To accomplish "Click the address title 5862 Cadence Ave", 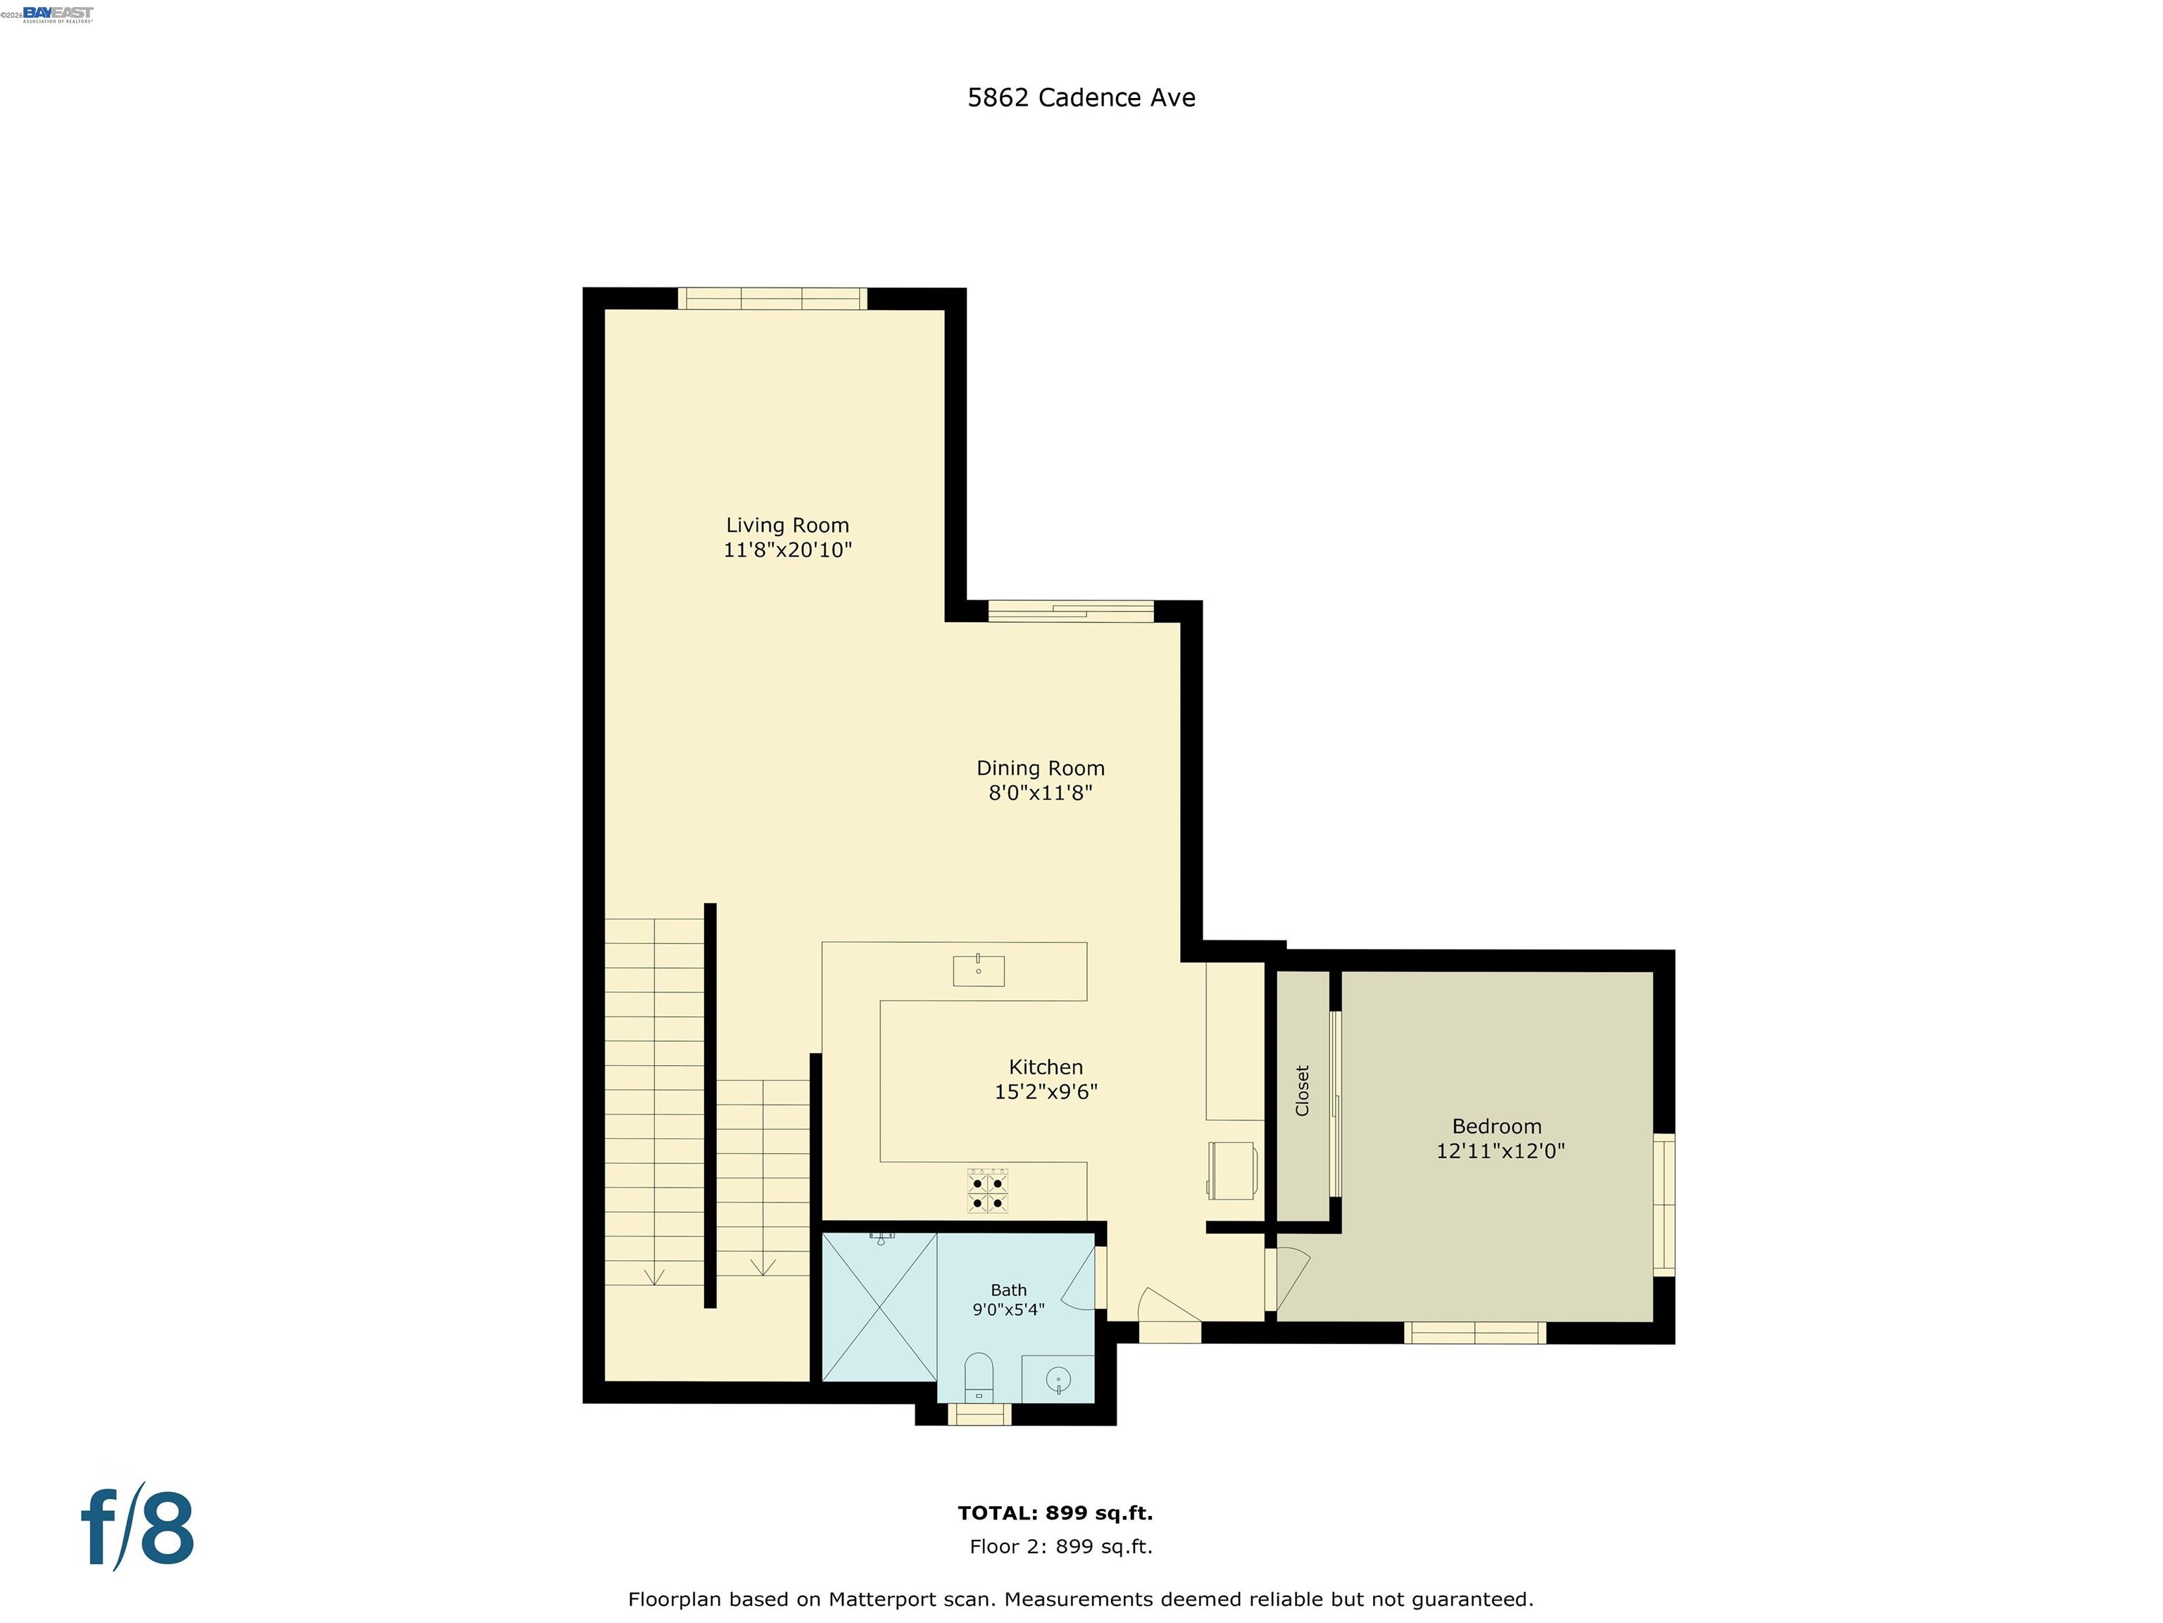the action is (x=1081, y=98).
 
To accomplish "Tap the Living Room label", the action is (x=787, y=526).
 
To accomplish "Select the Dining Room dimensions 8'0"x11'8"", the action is (x=1041, y=792).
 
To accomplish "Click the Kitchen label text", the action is (x=1046, y=1067).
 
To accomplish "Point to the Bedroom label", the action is (x=1496, y=1127).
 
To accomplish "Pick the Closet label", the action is (x=1301, y=1090).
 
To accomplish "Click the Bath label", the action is (x=1008, y=1291).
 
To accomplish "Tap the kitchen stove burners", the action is (x=988, y=1192).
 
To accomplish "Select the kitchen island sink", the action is (x=978, y=971).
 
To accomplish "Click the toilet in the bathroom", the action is (x=979, y=1376).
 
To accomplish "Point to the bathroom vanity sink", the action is (x=1058, y=1379).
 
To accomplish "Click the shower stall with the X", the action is (x=879, y=1307).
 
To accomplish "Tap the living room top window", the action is (x=772, y=299).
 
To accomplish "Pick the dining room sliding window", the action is (x=1071, y=611).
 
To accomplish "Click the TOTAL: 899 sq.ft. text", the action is (x=1055, y=1512).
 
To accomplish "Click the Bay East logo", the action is (x=58, y=13).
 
